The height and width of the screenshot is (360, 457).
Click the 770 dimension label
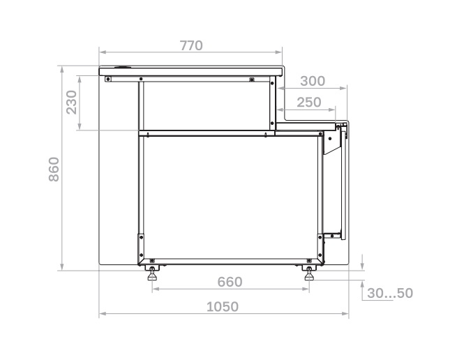click(191, 45)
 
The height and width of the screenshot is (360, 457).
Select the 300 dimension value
click(313, 81)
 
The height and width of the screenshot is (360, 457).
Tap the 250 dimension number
click(309, 103)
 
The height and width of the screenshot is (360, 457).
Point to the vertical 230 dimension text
click(71, 102)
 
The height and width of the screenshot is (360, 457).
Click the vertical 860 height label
click(54, 170)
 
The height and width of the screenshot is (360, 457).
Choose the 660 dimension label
click(230, 282)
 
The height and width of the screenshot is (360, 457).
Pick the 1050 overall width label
click(223, 307)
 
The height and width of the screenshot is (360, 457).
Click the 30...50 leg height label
click(390, 293)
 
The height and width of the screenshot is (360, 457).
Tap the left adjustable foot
click(152, 273)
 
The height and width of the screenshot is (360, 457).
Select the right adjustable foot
click(309, 273)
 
